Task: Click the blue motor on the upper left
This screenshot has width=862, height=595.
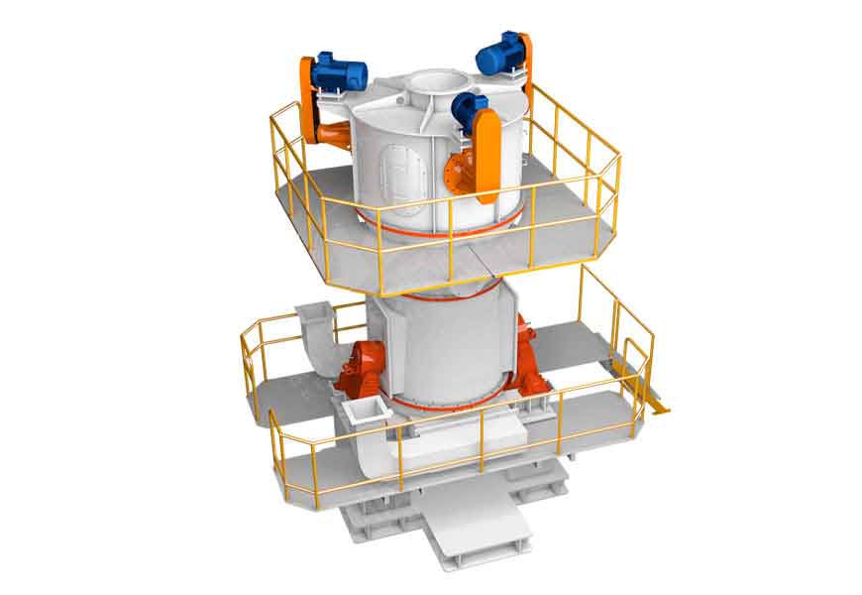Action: [340, 71]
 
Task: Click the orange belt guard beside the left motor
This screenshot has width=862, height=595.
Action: [308, 99]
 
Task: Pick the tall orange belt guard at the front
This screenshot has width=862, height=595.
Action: [486, 154]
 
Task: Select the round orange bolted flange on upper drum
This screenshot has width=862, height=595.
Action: [459, 174]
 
